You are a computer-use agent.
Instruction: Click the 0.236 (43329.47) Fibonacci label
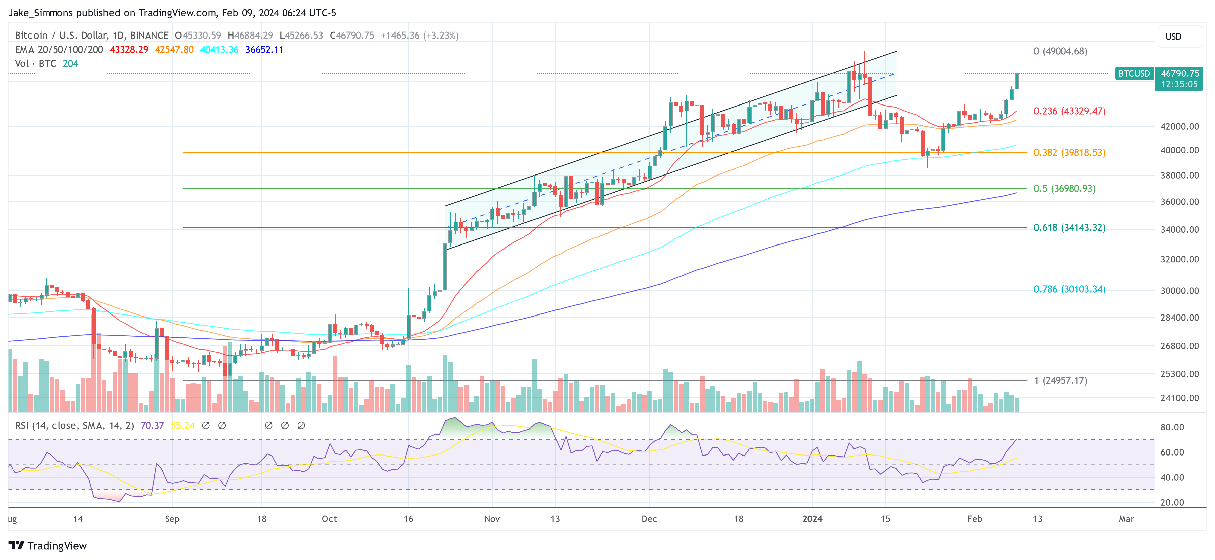coord(1069,111)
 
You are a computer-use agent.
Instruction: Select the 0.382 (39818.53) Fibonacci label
coord(1069,152)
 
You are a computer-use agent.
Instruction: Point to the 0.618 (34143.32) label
coord(1069,227)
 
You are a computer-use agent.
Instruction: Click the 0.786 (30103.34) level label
coord(1069,289)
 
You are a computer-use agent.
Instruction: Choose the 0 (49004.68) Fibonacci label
coord(1060,51)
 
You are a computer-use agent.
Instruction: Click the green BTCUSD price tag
coord(1134,74)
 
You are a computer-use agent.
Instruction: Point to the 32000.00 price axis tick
coord(1179,259)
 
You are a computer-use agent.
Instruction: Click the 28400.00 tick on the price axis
coord(1179,318)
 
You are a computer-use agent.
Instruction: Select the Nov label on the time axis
coord(492,519)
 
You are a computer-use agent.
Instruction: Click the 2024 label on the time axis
coord(812,519)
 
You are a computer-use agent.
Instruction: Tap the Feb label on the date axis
coord(975,519)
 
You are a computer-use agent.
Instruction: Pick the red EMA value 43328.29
coord(129,50)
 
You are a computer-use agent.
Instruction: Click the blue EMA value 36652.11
coord(264,50)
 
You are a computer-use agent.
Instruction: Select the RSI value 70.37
coord(152,426)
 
